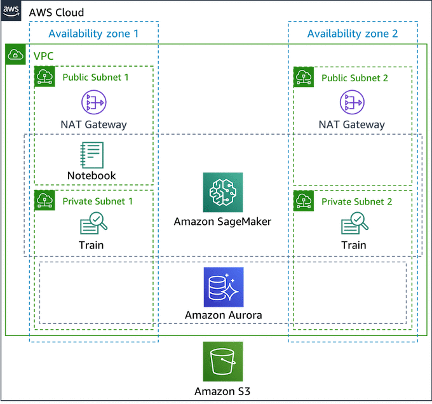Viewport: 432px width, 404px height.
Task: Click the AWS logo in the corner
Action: click(x=11, y=11)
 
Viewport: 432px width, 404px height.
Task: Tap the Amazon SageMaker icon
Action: click(x=222, y=192)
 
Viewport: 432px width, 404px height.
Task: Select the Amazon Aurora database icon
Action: click(x=222, y=287)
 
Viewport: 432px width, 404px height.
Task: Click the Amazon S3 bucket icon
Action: click(x=222, y=361)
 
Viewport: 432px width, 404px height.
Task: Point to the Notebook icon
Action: click(x=92, y=154)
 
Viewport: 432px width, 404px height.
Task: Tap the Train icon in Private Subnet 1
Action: click(x=93, y=224)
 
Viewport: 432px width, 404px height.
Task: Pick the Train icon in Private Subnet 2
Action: click(x=354, y=224)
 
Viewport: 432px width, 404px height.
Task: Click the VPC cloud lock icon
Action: click(x=15, y=56)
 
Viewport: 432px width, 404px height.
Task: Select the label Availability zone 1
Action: click(x=93, y=33)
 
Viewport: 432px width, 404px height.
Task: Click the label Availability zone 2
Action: click(x=353, y=33)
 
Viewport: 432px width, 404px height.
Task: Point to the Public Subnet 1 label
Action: click(x=96, y=77)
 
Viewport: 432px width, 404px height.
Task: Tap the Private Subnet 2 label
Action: click(x=356, y=201)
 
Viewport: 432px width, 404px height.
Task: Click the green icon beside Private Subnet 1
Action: click(x=44, y=201)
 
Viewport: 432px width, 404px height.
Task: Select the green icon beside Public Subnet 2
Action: click(x=304, y=77)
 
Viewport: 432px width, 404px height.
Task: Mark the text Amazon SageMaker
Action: click(x=222, y=222)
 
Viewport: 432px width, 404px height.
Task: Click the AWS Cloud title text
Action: click(x=56, y=13)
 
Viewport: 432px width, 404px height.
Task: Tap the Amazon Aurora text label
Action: click(x=223, y=314)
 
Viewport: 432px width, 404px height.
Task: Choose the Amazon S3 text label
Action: click(x=222, y=391)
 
